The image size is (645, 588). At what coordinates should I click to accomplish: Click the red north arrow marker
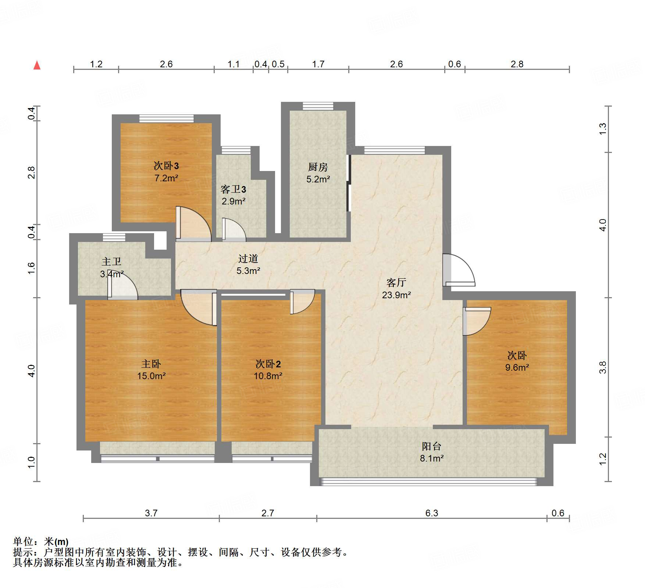click(37, 65)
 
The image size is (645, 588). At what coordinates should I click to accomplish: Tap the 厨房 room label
click(318, 167)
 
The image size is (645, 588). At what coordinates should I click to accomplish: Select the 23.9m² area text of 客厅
click(396, 295)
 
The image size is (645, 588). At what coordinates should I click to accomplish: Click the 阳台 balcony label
click(431, 446)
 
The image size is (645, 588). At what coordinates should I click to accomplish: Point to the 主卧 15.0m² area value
click(151, 376)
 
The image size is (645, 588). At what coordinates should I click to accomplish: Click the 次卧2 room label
click(268, 364)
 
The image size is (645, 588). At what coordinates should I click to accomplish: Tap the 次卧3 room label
click(166, 166)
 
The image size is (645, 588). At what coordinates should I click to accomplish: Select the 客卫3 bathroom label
click(233, 189)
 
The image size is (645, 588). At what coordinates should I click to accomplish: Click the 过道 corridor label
click(248, 259)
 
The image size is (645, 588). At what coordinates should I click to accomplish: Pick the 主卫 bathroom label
click(111, 261)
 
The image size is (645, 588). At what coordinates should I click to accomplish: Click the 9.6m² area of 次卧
click(517, 367)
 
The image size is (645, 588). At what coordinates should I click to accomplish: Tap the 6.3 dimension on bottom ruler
click(431, 513)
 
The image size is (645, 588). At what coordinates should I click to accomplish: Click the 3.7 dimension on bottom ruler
click(151, 513)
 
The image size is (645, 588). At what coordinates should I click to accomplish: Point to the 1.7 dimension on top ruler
click(318, 64)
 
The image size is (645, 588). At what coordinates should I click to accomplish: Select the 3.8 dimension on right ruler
click(602, 367)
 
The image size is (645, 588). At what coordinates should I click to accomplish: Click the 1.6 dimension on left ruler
click(32, 268)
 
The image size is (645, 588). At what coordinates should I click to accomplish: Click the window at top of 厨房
click(318, 106)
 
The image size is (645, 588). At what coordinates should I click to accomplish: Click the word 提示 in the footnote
click(23, 552)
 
